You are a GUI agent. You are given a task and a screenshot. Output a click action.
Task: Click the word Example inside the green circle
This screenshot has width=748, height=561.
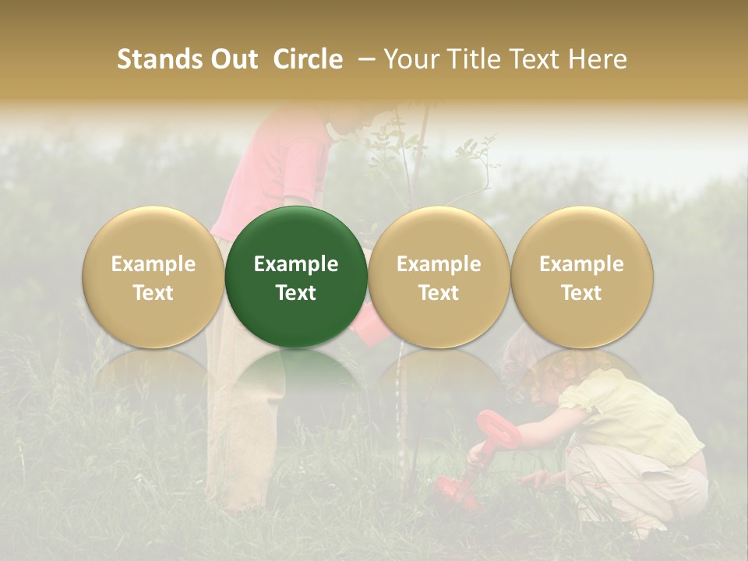[x=296, y=264]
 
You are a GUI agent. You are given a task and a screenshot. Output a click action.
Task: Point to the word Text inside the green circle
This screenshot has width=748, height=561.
[x=296, y=293]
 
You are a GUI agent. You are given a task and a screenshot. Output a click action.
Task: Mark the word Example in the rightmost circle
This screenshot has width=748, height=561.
[x=582, y=264]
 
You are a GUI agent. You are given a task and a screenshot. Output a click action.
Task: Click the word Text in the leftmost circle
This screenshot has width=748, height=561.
[x=153, y=293]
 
